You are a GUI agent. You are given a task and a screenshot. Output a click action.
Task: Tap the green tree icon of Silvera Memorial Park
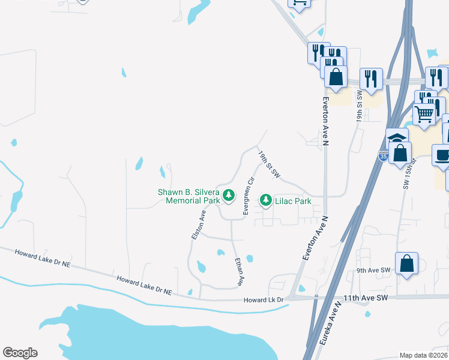coord(228,195)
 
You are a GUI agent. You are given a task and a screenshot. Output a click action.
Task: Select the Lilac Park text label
coord(293,202)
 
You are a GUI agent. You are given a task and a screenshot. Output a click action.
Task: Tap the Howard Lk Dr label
coord(262,300)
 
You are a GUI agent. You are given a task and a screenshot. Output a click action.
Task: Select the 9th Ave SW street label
coord(373,271)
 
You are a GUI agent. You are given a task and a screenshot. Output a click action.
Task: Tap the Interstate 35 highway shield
coord(383,157)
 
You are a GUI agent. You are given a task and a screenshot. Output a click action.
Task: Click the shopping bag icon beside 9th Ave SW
coord(406,263)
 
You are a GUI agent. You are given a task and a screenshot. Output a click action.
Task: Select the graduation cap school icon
coord(397,139)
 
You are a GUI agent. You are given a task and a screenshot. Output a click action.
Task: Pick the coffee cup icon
coord(443,155)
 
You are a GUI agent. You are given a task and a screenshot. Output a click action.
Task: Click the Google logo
coord(20,353)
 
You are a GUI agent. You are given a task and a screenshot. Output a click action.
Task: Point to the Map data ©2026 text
coord(423,355)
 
